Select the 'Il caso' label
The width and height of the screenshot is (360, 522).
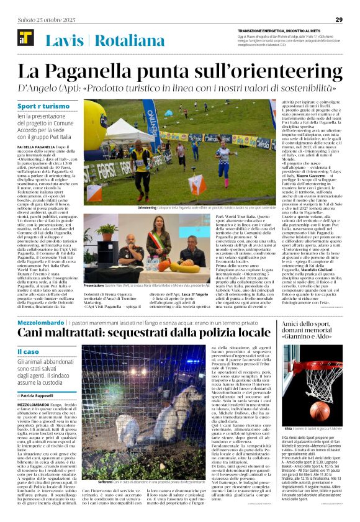[x=29, y=352]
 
